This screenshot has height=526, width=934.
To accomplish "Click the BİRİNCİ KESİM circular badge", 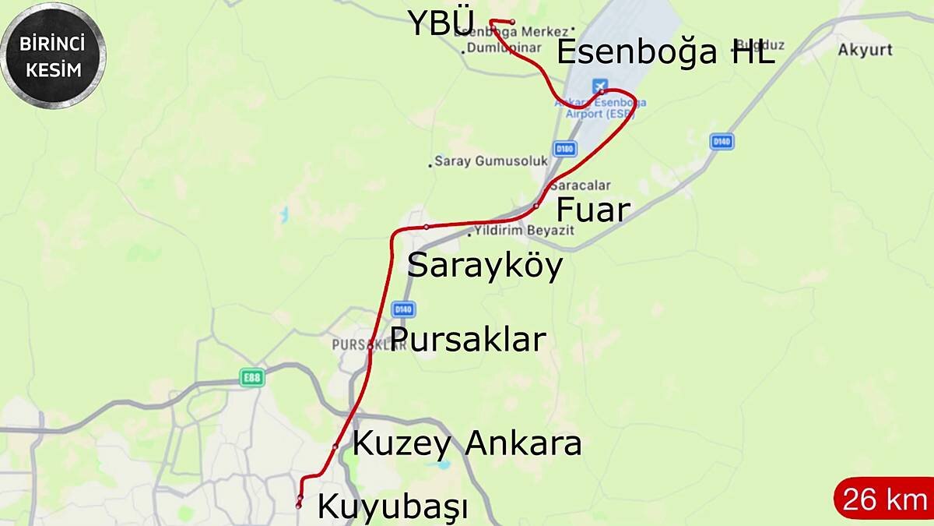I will pyautogui.click(x=53, y=55).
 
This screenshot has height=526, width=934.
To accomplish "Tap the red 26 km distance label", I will pyautogui.click(x=884, y=500).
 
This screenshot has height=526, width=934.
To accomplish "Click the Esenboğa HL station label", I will pyautogui.click(x=666, y=53).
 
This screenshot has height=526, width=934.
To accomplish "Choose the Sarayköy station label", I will pyautogui.click(x=485, y=267).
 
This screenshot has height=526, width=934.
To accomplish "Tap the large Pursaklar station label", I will pyautogui.click(x=468, y=340).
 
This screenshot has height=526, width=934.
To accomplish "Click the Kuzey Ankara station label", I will pyautogui.click(x=467, y=443).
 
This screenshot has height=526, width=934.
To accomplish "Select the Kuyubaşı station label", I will pyautogui.click(x=392, y=507).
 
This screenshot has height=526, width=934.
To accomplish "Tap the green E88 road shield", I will pyautogui.click(x=252, y=378).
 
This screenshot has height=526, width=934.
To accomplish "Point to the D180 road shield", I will pyautogui.click(x=564, y=147).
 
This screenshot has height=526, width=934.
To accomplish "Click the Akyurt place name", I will pyautogui.click(x=865, y=50).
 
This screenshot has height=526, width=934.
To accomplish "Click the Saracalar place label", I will pyautogui.click(x=580, y=185).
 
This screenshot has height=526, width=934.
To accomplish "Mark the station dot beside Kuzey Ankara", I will pyautogui.click(x=335, y=447).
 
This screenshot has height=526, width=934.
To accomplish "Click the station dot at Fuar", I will pyautogui.click(x=536, y=206).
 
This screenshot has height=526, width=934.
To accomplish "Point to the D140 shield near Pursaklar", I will pyautogui.click(x=402, y=309).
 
